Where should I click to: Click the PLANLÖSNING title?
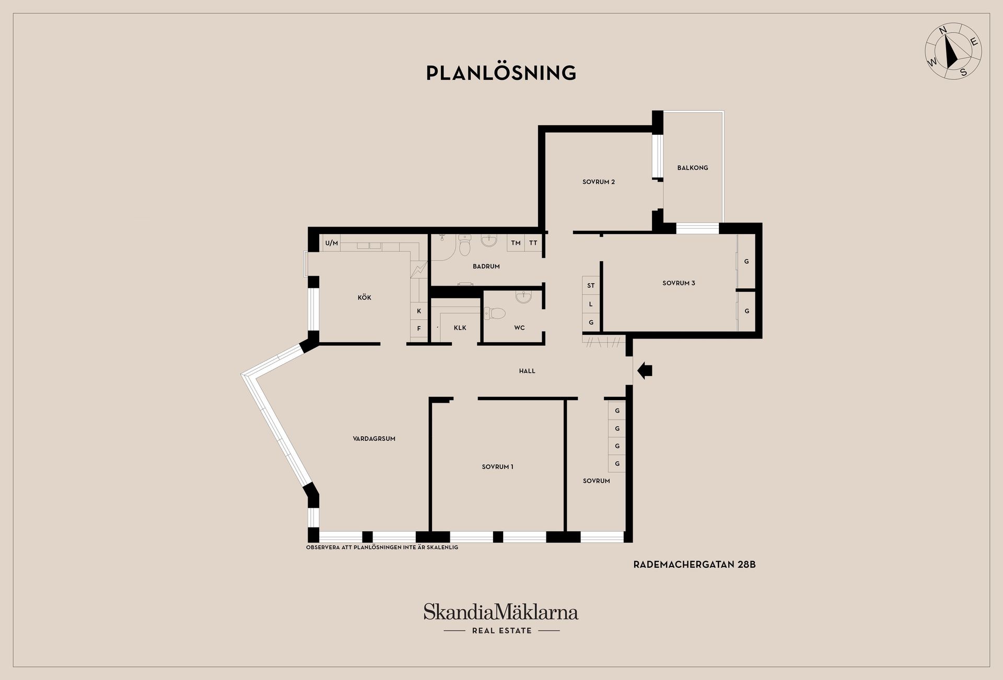501,73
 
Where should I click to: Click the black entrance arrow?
645,370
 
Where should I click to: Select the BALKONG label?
693,168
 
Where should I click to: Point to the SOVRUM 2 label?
599,182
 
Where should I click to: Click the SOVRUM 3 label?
679,283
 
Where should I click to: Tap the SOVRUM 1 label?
497,467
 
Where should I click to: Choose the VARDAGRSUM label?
374,439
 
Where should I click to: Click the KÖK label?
364,297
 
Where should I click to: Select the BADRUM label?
486,266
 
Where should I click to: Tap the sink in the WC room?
523,297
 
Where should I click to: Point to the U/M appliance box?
332,243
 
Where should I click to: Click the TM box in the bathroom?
516,243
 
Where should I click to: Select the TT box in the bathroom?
533,243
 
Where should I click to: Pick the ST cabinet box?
591,285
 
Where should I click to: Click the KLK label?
460,328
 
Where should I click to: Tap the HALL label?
527,371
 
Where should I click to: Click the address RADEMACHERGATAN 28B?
694,565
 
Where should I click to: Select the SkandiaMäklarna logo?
501,618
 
